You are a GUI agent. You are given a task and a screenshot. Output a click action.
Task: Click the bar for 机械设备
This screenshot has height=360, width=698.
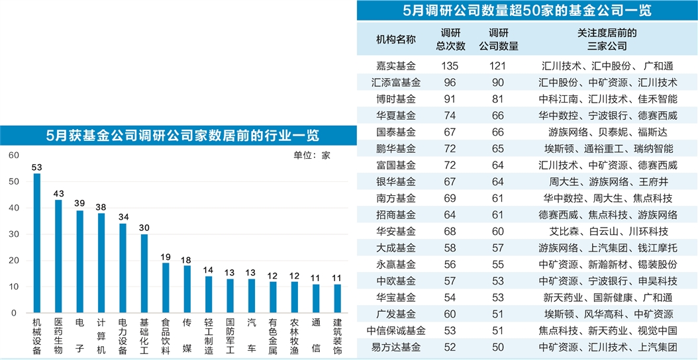[x=37, y=243]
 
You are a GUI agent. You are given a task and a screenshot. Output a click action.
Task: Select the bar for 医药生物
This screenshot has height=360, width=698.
[x=58, y=256]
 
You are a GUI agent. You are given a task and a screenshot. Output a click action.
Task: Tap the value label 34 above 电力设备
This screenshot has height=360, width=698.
[x=123, y=216]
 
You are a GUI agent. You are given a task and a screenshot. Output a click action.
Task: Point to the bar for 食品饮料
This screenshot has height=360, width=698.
[x=166, y=287]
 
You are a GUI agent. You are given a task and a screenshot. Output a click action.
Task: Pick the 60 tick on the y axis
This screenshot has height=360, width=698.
[x=13, y=156]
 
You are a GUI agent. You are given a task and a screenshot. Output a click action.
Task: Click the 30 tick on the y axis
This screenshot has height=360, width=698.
[x=13, y=234]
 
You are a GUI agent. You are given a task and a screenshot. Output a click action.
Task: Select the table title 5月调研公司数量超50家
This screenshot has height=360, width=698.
[x=526, y=11]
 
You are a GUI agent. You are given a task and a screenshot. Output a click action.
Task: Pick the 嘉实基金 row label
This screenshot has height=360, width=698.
[x=396, y=66]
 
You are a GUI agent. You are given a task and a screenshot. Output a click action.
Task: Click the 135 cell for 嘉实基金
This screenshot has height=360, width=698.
[x=450, y=66]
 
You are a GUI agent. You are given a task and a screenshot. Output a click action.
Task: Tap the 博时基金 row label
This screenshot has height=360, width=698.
[x=396, y=99]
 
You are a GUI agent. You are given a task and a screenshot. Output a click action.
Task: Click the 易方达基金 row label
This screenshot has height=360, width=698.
[x=396, y=347]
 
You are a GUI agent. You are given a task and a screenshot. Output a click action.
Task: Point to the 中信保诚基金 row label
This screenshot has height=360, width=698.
[x=396, y=330]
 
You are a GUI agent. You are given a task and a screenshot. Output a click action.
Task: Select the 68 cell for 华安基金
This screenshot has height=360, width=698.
[x=450, y=232]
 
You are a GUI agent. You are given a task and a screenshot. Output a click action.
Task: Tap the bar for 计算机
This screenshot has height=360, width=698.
[x=101, y=263]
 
